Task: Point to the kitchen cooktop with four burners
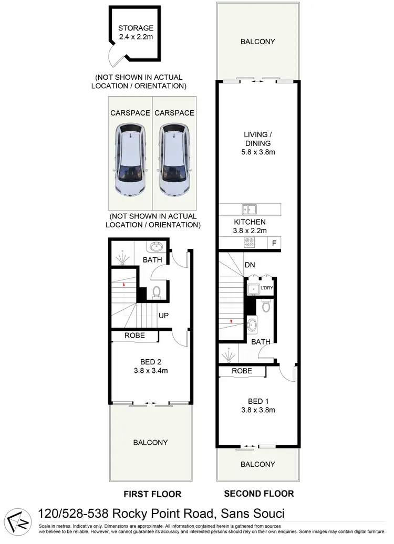pyautogui.click(x=249, y=243)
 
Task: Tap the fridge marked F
pyautogui.click(x=274, y=243)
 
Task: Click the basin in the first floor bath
pyautogui.click(x=156, y=247)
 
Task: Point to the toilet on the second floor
pyautogui.click(x=266, y=307)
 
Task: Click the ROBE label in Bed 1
pyautogui.click(x=241, y=371)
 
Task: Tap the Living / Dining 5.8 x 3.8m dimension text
pyautogui.click(x=256, y=152)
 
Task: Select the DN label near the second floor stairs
pyautogui.click(x=250, y=265)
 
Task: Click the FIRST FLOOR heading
pyautogui.click(x=152, y=494)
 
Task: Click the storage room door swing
pyautogui.click(x=115, y=54)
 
